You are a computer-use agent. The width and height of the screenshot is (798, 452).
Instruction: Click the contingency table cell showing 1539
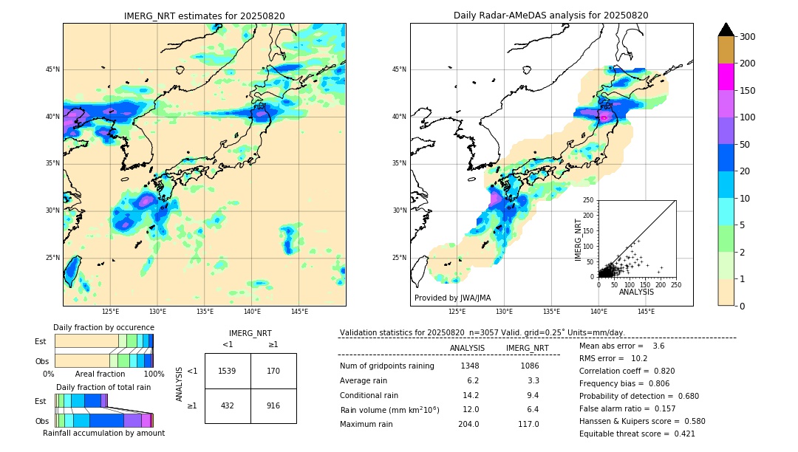click(227, 371)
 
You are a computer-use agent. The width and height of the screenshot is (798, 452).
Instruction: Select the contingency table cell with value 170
click(273, 371)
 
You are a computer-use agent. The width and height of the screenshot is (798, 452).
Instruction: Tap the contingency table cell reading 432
click(227, 405)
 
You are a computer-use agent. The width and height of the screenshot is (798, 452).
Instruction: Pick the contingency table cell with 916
click(273, 405)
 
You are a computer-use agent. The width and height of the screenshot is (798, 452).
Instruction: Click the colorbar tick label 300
click(748, 37)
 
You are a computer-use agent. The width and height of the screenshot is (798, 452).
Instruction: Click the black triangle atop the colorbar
click(726, 30)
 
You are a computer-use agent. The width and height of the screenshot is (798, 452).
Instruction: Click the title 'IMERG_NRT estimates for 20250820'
click(204, 16)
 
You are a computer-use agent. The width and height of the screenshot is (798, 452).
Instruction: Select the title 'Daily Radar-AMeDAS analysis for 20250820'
click(551, 16)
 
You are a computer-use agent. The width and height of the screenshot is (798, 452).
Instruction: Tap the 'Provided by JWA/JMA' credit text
click(452, 298)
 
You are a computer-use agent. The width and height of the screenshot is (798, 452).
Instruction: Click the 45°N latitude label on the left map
click(52, 69)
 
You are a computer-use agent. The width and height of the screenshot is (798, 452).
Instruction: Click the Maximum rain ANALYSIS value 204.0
click(468, 424)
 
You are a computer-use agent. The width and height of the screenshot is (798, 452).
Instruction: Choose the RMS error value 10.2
click(635, 358)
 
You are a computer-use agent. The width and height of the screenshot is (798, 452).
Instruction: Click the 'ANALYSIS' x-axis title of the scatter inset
click(637, 292)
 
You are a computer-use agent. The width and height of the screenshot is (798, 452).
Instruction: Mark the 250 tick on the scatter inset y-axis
click(589, 200)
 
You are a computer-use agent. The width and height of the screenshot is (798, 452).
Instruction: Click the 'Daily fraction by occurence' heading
click(103, 327)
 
